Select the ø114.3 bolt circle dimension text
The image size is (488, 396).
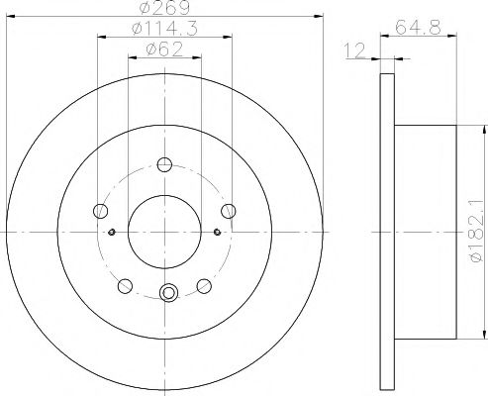(162, 31)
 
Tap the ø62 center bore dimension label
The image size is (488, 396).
(162, 50)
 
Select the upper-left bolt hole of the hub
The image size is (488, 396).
(100, 210)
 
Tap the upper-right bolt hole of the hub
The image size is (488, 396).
(229, 210)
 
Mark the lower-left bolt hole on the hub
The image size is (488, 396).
(125, 286)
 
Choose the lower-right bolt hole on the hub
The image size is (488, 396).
(204, 286)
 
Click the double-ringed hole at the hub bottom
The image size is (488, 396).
(168, 292)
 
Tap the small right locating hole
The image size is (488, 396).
(217, 233)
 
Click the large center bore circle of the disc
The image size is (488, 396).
(164, 230)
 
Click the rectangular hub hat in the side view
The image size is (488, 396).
(425, 230)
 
